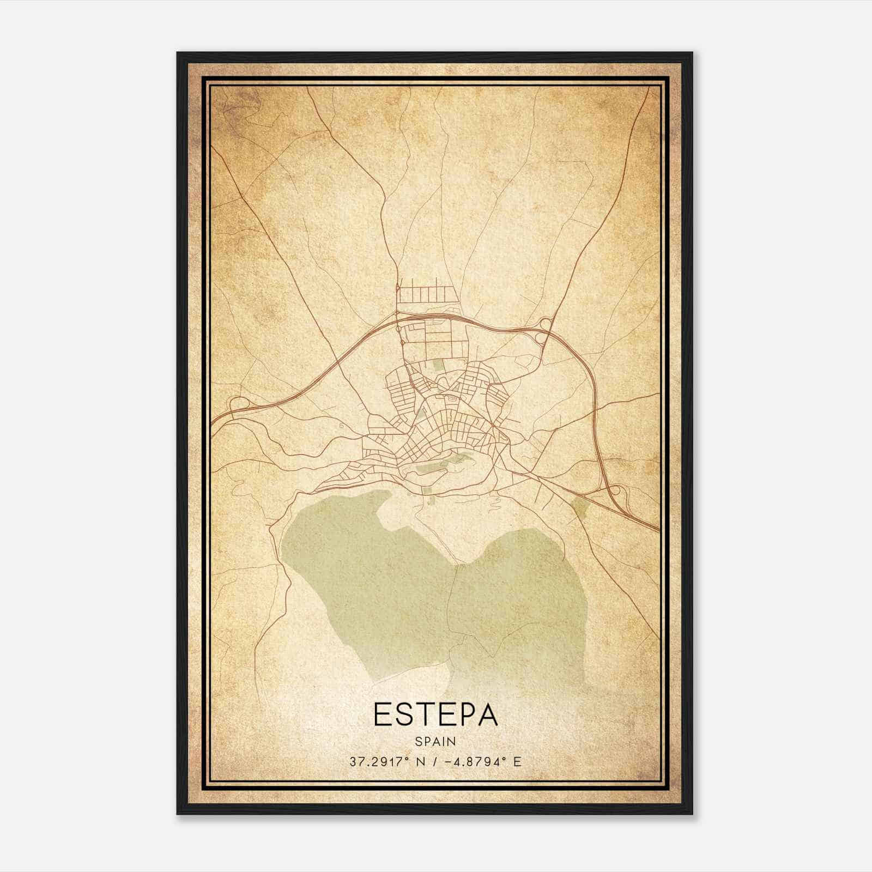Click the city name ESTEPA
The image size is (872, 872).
coord(435,715)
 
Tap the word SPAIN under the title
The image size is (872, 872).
coord(435,742)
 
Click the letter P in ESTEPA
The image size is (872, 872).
coord(457,715)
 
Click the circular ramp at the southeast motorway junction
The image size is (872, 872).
coord(614,490)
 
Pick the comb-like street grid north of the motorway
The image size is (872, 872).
coord(422,295)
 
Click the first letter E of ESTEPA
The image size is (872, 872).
coord(383,715)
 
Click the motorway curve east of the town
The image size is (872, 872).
coord(591,392)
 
